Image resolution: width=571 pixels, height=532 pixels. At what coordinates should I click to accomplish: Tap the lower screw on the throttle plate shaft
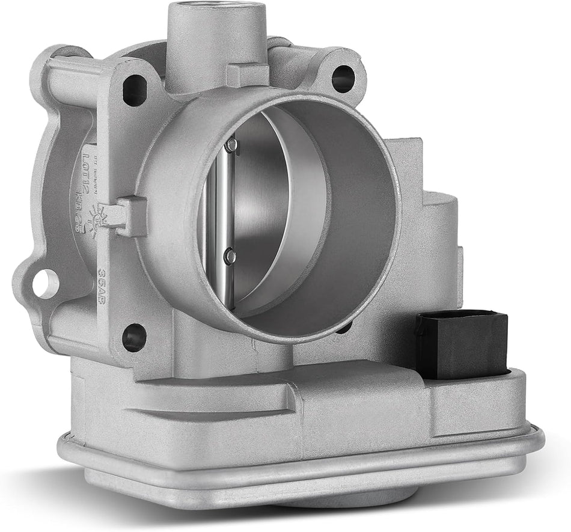point(230,257)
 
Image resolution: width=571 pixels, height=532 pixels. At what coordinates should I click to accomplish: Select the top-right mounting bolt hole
point(343,78)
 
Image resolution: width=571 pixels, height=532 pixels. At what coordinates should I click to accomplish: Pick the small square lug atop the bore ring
point(247,75)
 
